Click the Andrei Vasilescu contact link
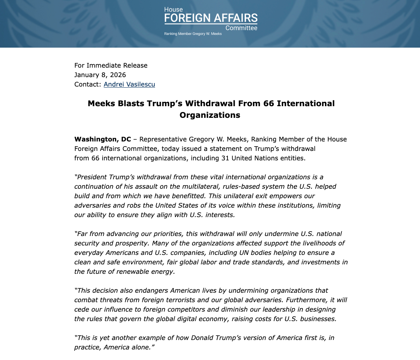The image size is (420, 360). point(129,84)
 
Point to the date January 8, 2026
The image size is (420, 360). point(100,75)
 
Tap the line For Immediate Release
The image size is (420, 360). point(111,65)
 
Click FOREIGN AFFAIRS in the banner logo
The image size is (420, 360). point(211,18)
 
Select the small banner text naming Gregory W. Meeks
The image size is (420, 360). point(193,34)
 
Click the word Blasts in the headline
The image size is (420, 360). point(131,103)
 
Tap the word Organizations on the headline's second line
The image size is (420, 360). point(210,115)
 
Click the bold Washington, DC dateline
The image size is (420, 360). point(103,139)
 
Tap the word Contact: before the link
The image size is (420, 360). point(88,84)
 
